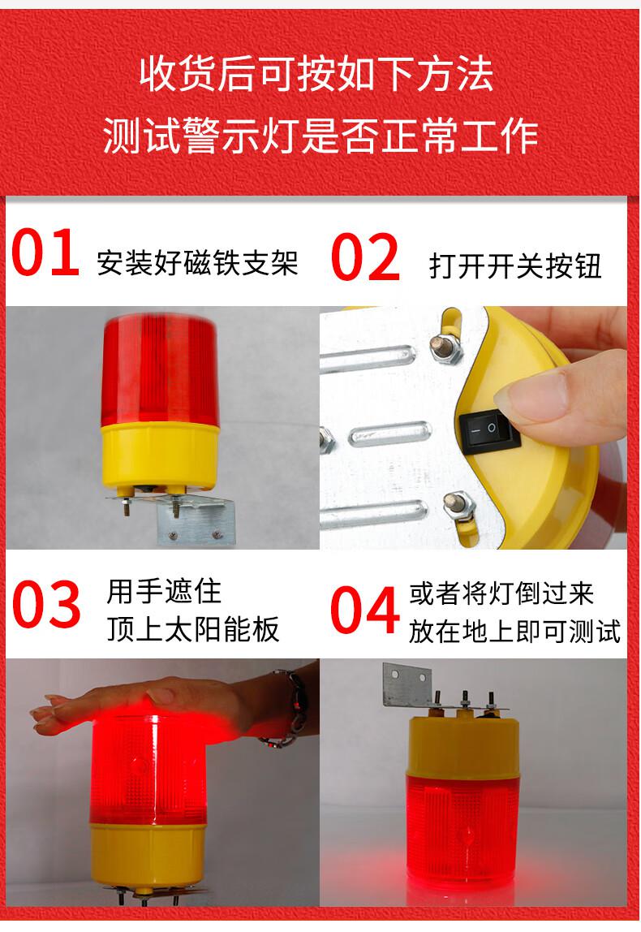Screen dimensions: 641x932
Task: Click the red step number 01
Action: tap(45, 253)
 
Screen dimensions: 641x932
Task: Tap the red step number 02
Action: tap(365, 257)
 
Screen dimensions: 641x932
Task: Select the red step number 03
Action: tap(46, 605)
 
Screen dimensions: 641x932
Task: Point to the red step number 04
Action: tap(365, 609)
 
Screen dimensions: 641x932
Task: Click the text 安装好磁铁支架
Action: tap(197, 262)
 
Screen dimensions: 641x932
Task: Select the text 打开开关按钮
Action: tap(515, 265)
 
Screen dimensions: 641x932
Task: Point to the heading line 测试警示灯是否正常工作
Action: tap(320, 136)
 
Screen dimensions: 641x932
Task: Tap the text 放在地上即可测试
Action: tap(514, 632)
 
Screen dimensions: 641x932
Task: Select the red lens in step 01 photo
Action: tap(160, 371)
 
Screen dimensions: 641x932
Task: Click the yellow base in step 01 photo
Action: tap(160, 455)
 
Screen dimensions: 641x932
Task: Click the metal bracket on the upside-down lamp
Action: tap(407, 684)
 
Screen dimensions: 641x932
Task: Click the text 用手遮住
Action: tap(164, 592)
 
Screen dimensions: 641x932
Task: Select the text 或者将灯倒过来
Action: tap(501, 593)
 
